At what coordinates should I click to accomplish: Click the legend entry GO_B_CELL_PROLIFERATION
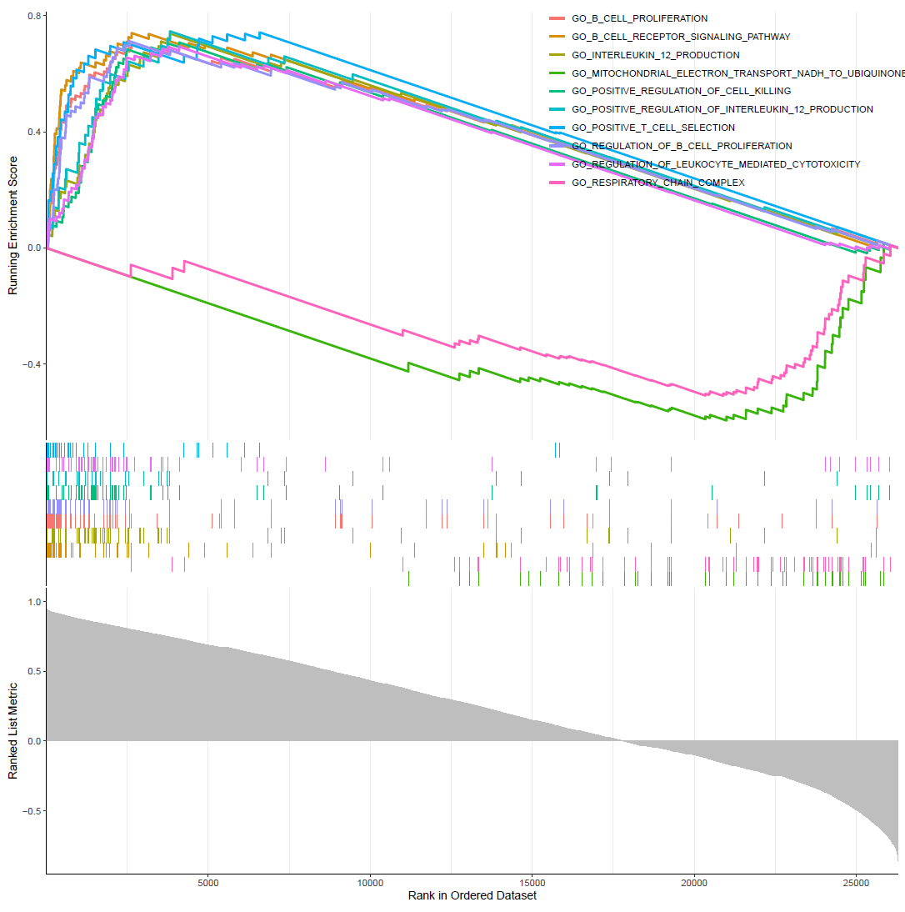639,18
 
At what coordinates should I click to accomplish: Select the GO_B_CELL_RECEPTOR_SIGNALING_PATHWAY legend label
680,37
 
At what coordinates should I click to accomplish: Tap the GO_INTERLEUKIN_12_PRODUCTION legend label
655,55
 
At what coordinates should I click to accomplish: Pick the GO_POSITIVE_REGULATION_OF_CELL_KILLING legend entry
681,91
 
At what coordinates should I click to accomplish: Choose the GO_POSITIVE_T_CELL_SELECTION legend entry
652,128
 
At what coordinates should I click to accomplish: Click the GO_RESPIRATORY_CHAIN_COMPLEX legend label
657,183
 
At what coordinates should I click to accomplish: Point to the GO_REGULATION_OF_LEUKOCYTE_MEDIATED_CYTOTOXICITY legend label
716,164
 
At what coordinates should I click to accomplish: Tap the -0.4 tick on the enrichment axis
31,364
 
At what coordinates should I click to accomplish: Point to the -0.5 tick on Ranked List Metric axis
31,811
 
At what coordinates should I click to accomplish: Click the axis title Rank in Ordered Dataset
472,896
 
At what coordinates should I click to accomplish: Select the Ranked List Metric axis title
12,731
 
